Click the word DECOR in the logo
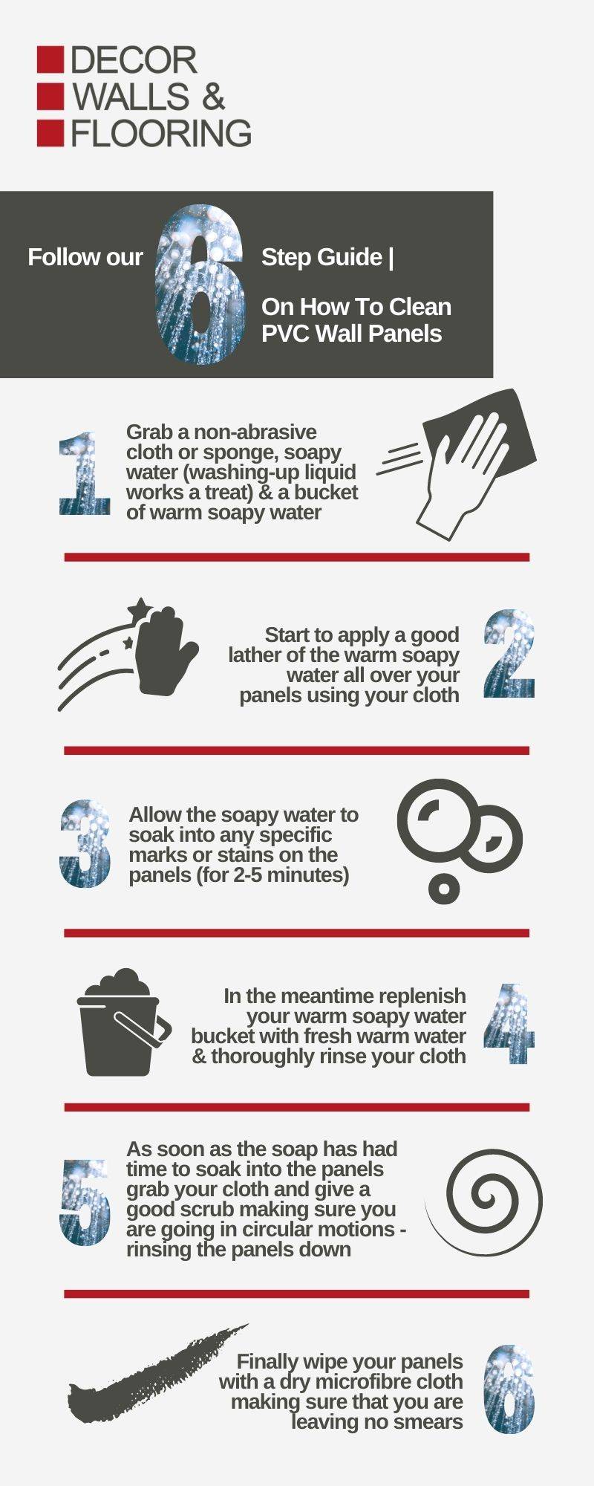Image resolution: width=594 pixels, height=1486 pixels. tap(134, 61)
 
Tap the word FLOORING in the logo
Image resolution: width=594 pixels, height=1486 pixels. tap(161, 132)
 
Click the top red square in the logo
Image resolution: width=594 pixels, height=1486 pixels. tap(50, 59)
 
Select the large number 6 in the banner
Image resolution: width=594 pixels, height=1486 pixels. tap(200, 284)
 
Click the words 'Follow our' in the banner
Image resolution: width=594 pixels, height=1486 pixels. tap(85, 257)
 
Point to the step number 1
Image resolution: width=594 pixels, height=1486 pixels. tap(85, 474)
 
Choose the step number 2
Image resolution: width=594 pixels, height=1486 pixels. tap(509, 654)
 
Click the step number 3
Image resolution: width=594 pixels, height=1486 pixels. tap(85, 843)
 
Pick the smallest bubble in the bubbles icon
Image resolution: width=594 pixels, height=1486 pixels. tap(444, 887)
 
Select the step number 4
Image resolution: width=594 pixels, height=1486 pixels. tap(509, 1025)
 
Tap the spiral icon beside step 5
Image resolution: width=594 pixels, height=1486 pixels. tap(484, 1203)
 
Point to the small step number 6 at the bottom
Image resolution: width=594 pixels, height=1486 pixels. tap(509, 1389)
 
